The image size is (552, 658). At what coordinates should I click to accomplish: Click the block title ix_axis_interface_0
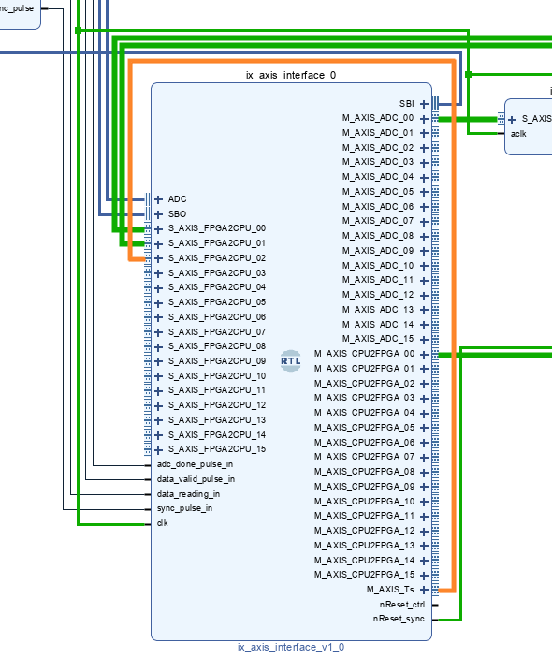point(291,75)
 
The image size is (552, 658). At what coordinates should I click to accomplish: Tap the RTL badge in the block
point(291,361)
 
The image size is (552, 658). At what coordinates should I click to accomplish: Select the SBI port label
point(406,104)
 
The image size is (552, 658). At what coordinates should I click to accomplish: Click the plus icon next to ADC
point(158,199)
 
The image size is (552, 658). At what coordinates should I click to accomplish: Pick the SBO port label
point(177,214)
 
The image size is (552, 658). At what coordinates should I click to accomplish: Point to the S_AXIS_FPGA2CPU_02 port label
point(217,258)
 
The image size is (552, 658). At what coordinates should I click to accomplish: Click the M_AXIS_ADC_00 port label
point(378,118)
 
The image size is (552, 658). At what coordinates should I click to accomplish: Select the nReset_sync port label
point(399,619)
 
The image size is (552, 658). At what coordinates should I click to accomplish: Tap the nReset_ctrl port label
point(401,605)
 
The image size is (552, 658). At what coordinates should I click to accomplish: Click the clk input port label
point(163,523)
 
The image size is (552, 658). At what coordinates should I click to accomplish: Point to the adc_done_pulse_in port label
point(195,464)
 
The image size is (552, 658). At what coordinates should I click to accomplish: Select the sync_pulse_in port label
point(184,508)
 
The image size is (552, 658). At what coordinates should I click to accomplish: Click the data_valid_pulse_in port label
point(196,479)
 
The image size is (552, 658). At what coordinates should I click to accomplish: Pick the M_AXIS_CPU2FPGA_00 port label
point(364,354)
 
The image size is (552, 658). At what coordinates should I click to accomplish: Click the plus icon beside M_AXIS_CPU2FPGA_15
point(424,576)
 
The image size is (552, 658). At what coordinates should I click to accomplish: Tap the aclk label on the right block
point(518,134)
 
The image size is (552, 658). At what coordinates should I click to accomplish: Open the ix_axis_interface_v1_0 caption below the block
point(291,647)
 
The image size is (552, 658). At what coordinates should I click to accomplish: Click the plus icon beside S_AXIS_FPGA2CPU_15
point(158,451)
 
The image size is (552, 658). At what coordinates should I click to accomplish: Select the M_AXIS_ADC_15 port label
point(378,339)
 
